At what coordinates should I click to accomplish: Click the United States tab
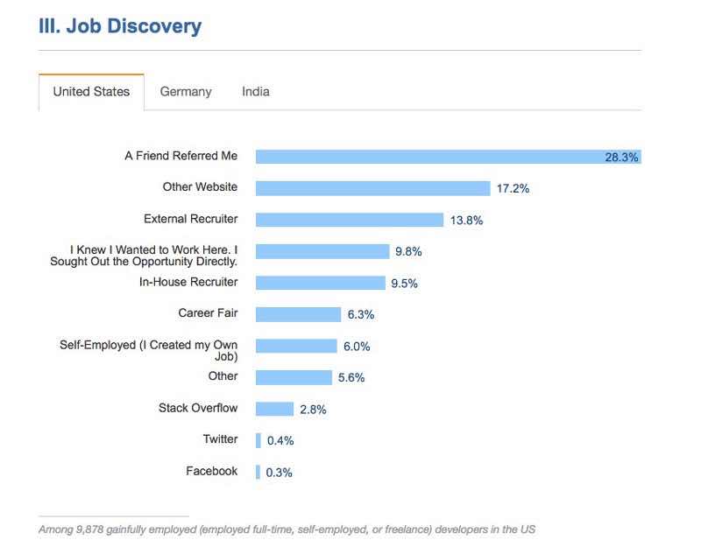(x=91, y=92)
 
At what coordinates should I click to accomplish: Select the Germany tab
(x=186, y=92)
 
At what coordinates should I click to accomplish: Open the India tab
(x=256, y=92)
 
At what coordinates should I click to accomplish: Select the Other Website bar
(x=372, y=188)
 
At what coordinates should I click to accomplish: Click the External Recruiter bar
(x=350, y=220)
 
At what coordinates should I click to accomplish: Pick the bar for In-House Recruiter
(x=321, y=283)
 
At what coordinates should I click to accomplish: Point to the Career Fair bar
(x=298, y=314)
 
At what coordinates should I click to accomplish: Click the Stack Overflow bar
(x=274, y=409)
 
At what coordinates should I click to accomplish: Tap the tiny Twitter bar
(x=258, y=440)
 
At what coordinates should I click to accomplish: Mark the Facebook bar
(x=258, y=472)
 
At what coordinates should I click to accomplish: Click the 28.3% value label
(x=621, y=158)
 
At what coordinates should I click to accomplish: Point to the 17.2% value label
(x=513, y=188)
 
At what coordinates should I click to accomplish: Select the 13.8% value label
(x=466, y=221)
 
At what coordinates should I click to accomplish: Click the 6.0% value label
(x=357, y=347)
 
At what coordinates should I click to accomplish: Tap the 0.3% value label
(x=279, y=473)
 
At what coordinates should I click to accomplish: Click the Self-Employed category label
(x=148, y=350)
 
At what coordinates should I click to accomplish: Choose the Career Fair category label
(x=208, y=313)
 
